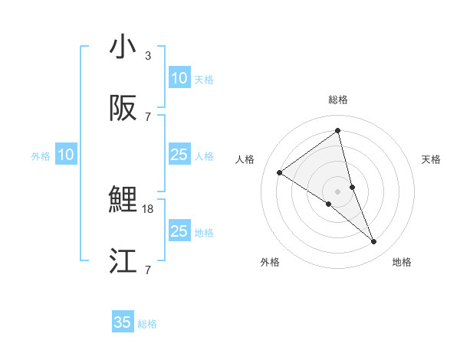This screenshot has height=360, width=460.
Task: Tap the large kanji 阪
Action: click(123, 109)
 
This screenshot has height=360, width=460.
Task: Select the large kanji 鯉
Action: click(123, 201)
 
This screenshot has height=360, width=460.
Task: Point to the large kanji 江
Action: click(123, 262)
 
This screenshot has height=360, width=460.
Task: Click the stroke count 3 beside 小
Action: click(148, 56)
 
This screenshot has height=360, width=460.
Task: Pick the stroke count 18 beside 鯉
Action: click(149, 208)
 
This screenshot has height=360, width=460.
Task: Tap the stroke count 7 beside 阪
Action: click(148, 117)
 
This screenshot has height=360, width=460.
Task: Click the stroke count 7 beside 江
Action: click(148, 270)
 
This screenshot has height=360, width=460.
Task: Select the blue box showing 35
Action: click(123, 322)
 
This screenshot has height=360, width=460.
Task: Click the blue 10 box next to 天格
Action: click(179, 78)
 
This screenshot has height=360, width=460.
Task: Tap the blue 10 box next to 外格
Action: click(66, 155)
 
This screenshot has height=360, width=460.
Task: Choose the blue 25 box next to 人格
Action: click(179, 155)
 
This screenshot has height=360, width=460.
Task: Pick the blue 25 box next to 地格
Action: click(179, 231)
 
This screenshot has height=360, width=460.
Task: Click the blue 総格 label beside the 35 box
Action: click(147, 324)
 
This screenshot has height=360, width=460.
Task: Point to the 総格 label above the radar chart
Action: click(338, 100)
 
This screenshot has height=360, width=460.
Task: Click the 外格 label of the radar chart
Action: click(270, 263)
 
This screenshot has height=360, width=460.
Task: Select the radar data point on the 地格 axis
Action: click(374, 242)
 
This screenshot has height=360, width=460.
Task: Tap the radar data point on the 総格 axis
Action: click(338, 130)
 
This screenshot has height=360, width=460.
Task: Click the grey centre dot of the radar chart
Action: click(338, 191)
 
